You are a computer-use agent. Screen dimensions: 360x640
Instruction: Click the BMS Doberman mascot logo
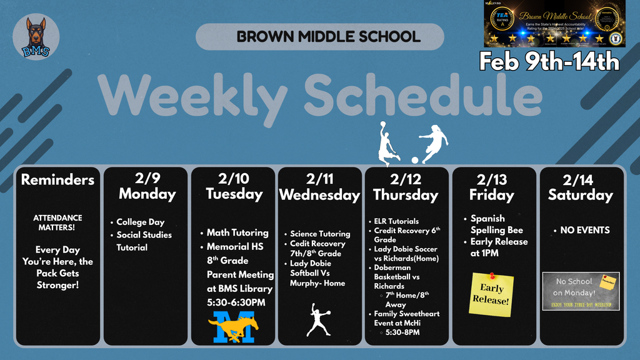coord(36,37)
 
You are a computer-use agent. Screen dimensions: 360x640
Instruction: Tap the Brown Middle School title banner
coord(319,36)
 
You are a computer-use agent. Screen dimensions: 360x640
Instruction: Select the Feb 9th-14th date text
coord(549,61)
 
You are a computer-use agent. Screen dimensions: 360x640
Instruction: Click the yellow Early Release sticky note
coord(492,293)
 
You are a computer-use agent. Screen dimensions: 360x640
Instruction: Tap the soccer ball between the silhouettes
coord(414,160)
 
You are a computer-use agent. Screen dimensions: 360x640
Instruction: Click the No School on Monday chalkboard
coord(580,291)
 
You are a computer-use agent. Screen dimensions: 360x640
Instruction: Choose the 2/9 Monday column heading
coord(147,186)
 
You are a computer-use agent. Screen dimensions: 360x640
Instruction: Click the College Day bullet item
coord(140,222)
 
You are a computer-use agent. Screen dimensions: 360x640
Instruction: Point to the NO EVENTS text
coord(585,230)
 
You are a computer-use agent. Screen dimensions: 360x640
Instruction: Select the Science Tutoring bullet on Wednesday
coord(319,234)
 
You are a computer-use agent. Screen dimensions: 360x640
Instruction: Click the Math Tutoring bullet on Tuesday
coord(237,232)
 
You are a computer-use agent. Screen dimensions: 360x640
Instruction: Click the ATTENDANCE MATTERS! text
coord(57,222)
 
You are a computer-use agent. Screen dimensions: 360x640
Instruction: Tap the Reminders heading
coord(57,180)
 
